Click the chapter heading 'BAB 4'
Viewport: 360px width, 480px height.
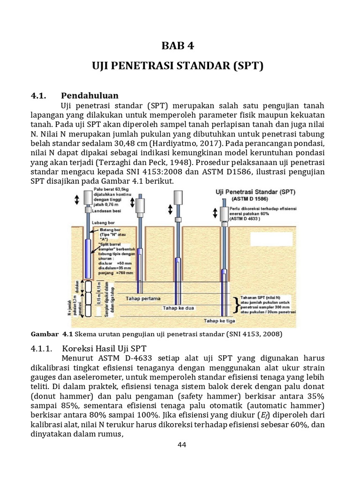click(177, 45)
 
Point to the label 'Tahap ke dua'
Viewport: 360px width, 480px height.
click(178, 308)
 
